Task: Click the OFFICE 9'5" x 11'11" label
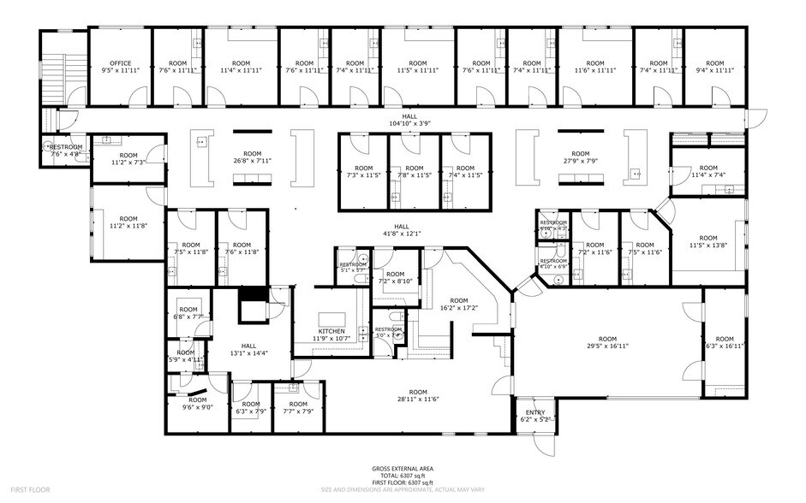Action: tap(120, 67)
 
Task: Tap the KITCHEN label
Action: tap(331, 334)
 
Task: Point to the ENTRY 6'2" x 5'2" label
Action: tap(534, 416)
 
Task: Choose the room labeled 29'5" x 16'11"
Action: tap(607, 342)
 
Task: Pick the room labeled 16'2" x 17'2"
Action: tap(459, 305)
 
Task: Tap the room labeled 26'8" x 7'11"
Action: tap(252, 157)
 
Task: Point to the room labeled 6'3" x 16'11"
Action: tap(725, 342)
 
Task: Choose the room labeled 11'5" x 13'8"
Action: tap(707, 242)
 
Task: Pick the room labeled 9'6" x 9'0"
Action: tap(197, 404)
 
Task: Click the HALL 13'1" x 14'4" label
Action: tap(248, 349)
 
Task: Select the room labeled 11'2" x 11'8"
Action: tap(122, 222)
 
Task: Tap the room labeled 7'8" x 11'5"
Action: tap(414, 172)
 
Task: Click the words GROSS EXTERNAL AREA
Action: tap(402, 469)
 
